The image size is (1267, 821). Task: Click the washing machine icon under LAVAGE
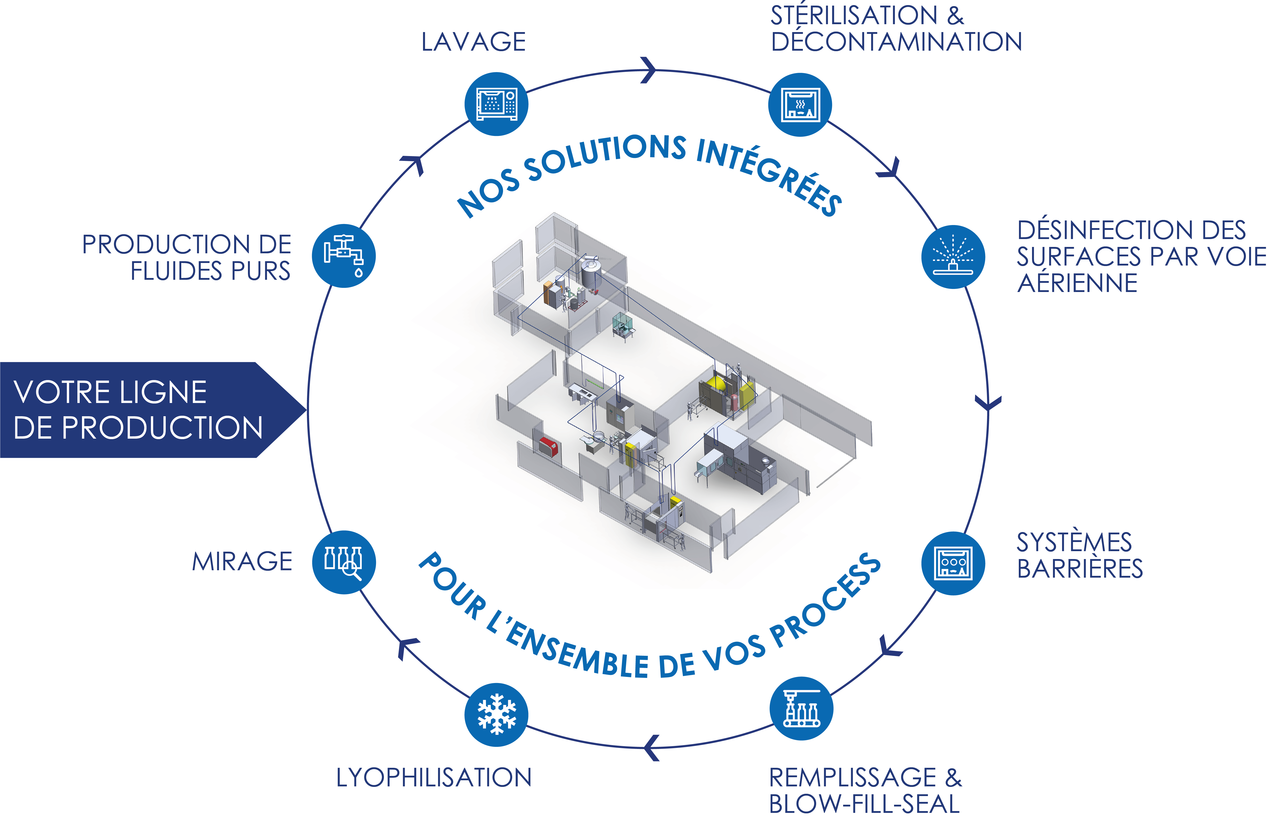(496, 104)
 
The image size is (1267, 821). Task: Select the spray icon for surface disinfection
(953, 257)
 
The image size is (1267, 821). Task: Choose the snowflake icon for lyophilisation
(496, 715)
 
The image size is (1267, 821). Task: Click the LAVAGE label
(473, 42)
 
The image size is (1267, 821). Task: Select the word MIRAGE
(242, 562)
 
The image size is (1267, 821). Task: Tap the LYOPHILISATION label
(434, 777)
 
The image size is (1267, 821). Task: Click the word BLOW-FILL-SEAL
(864, 804)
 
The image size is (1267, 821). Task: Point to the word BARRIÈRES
(1080, 569)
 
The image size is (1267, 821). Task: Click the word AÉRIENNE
(1078, 283)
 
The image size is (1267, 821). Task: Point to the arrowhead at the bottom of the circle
(652, 747)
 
